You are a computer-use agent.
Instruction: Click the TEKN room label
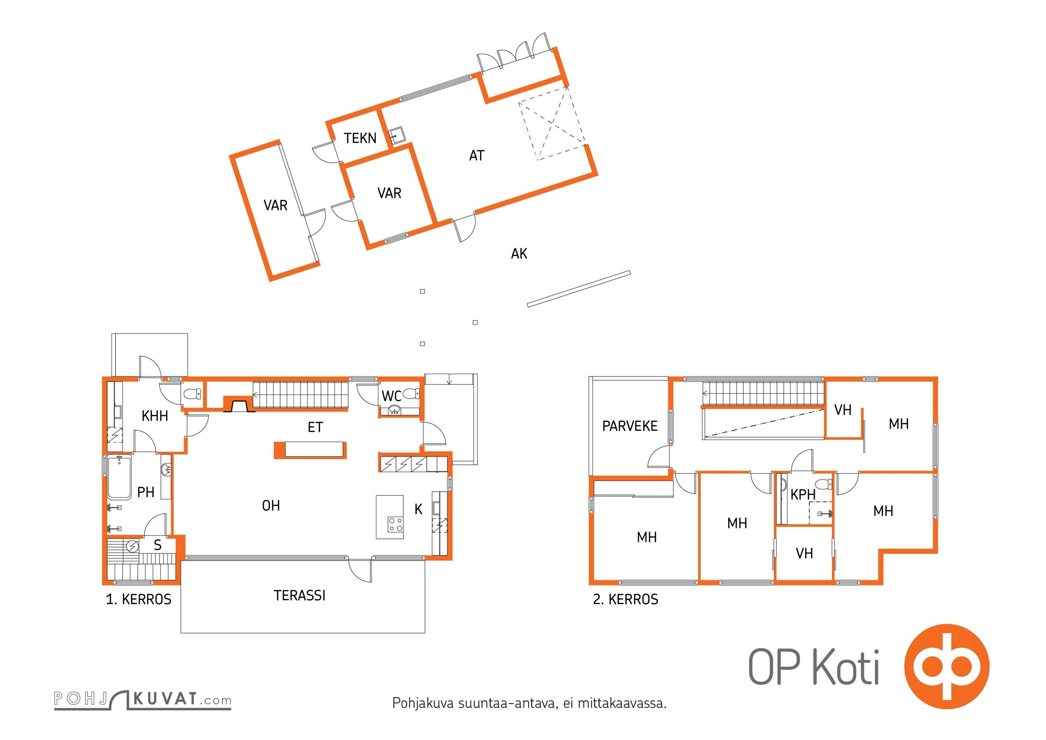pyautogui.click(x=360, y=138)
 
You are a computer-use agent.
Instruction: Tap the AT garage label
pyautogui.click(x=477, y=155)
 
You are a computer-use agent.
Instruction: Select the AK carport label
pyautogui.click(x=519, y=253)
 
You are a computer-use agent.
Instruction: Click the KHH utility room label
pyautogui.click(x=154, y=416)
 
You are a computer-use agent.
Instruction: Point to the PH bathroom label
pyautogui.click(x=146, y=492)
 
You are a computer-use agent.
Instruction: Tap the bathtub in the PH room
pyautogui.click(x=119, y=477)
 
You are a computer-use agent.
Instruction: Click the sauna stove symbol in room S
pyautogui.click(x=133, y=546)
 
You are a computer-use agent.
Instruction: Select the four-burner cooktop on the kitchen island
pyautogui.click(x=395, y=524)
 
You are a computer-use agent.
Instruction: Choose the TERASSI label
pyautogui.click(x=299, y=595)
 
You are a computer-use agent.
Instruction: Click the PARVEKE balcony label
pyautogui.click(x=629, y=426)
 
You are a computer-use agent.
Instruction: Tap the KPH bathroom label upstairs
pyautogui.click(x=803, y=494)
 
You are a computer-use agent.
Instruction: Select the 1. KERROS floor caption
pyautogui.click(x=138, y=599)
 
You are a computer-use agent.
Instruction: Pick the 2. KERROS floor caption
pyautogui.click(x=625, y=599)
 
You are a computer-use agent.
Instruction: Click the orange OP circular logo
pyautogui.click(x=947, y=666)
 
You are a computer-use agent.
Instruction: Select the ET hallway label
pyautogui.click(x=315, y=427)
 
